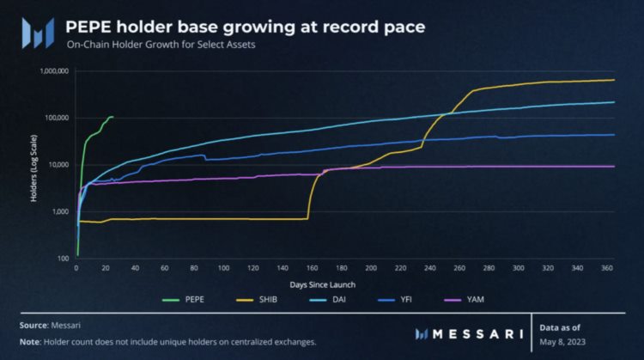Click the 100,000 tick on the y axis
(56, 118)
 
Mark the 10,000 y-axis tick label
(58, 164)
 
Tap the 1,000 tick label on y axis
(59, 211)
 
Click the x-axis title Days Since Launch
(325, 283)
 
